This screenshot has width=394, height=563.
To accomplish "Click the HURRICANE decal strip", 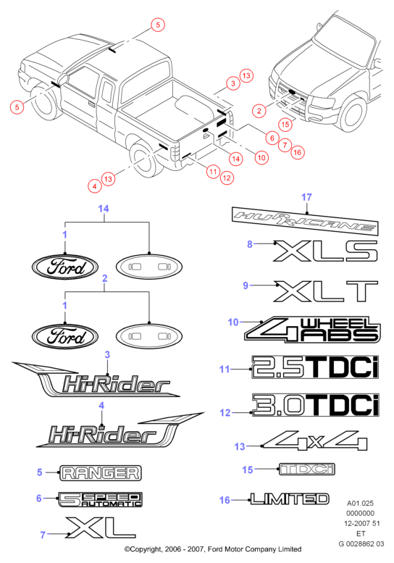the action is pos(305,220).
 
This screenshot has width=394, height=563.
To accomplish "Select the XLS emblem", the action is pos(325,251).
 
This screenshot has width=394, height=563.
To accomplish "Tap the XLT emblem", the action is pos(325,291).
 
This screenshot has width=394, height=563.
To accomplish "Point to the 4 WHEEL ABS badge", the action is pos(312,330).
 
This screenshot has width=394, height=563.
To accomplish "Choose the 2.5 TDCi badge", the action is pos(315,367).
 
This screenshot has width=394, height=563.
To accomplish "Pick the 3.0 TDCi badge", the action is pos(316,405).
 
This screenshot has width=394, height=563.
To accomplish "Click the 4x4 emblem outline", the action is pos(315,441).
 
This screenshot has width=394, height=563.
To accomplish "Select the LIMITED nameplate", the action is pos(290,499).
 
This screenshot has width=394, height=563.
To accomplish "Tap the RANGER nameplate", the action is pos(101,472).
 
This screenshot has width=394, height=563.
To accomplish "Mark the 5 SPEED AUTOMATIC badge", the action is pos(101,499).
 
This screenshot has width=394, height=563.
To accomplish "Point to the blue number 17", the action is pos(306,197).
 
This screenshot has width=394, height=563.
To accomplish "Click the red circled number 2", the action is pos(259,111).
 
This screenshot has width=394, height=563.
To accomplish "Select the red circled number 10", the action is pos(261,157).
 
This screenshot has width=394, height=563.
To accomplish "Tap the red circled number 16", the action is pos(298,152).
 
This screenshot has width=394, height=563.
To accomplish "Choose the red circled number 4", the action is pos(95,186).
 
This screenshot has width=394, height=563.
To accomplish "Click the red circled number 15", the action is pos(285,124).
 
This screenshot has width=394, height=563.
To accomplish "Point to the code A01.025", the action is pos(360,503).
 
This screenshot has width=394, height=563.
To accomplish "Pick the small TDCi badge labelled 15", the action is pos(307,469).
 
